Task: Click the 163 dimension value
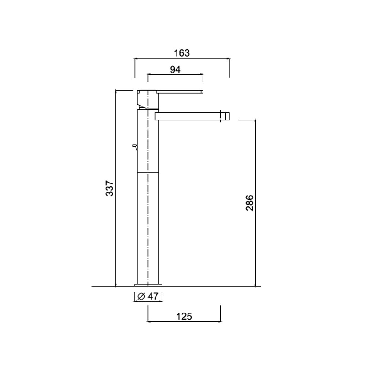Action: click(x=182, y=53)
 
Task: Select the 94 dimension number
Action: click(x=175, y=69)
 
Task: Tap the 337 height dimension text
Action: click(x=109, y=188)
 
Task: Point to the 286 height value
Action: click(x=250, y=203)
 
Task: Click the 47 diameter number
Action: click(x=153, y=296)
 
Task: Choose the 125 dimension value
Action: click(x=184, y=317)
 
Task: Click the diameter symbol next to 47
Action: click(x=141, y=297)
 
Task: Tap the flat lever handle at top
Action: click(x=180, y=92)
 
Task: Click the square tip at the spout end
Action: click(x=225, y=116)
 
